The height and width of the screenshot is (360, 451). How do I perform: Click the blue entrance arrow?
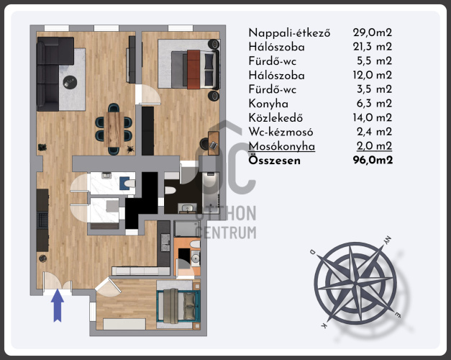[58, 305]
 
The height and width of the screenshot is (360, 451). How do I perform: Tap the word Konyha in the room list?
[268, 104]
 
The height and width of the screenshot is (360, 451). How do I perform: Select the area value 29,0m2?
[373, 32]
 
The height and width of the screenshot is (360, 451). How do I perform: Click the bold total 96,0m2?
[373, 160]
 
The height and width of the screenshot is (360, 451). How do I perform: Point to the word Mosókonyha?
[282, 146]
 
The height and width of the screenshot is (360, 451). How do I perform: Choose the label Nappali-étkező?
[289, 33]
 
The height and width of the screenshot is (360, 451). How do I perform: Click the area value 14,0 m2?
[373, 117]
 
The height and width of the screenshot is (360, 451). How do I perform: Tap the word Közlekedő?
[275, 118]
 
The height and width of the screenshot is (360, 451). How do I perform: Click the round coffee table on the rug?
[70, 82]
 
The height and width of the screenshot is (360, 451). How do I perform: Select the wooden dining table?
[114, 130]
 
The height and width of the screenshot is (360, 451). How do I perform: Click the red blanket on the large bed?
[193, 69]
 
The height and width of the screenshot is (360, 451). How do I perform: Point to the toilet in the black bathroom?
[170, 190]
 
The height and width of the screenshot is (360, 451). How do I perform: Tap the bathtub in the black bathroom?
[211, 192]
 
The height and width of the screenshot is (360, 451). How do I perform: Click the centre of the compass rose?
[355, 284]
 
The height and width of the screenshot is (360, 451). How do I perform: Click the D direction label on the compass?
[313, 252]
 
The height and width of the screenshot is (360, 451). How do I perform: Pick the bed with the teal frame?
[178, 305]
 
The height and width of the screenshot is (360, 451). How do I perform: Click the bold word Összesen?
[275, 161]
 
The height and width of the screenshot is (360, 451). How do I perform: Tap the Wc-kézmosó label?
[281, 132]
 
